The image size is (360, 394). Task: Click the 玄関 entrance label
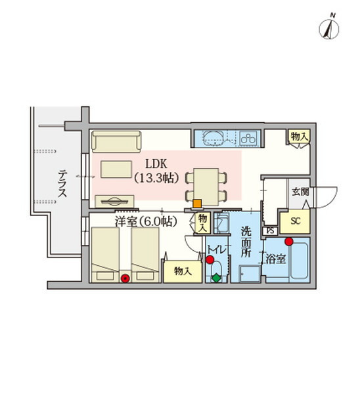tap(300, 192)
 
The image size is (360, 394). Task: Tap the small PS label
tap(270, 231)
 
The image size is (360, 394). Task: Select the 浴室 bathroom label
tap(275, 259)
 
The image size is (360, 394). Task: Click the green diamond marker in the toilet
tap(217, 278)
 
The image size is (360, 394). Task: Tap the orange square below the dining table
tap(197, 204)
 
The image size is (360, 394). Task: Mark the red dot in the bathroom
tap(288, 240)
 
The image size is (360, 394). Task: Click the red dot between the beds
tap(125, 278)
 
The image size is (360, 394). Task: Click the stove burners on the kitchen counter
tap(250, 139)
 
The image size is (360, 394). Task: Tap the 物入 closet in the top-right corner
tap(299, 136)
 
